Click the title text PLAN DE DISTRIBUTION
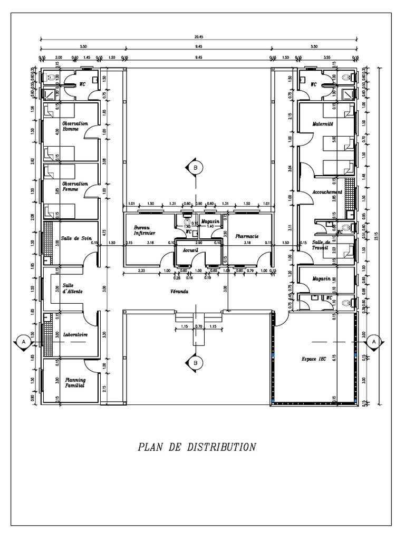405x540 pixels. pos(197,447)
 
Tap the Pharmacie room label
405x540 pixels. pos(247,237)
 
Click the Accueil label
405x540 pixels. pos(190,250)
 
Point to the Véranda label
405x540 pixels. pos(180,291)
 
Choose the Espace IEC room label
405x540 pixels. pos(314,359)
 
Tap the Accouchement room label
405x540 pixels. pos(327,192)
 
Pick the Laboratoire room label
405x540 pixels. pos(75,335)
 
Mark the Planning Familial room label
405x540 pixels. pos(75,382)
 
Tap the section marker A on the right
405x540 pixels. pos(374,342)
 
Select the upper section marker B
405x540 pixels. pos(196,167)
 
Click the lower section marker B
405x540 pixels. pos(196,363)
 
